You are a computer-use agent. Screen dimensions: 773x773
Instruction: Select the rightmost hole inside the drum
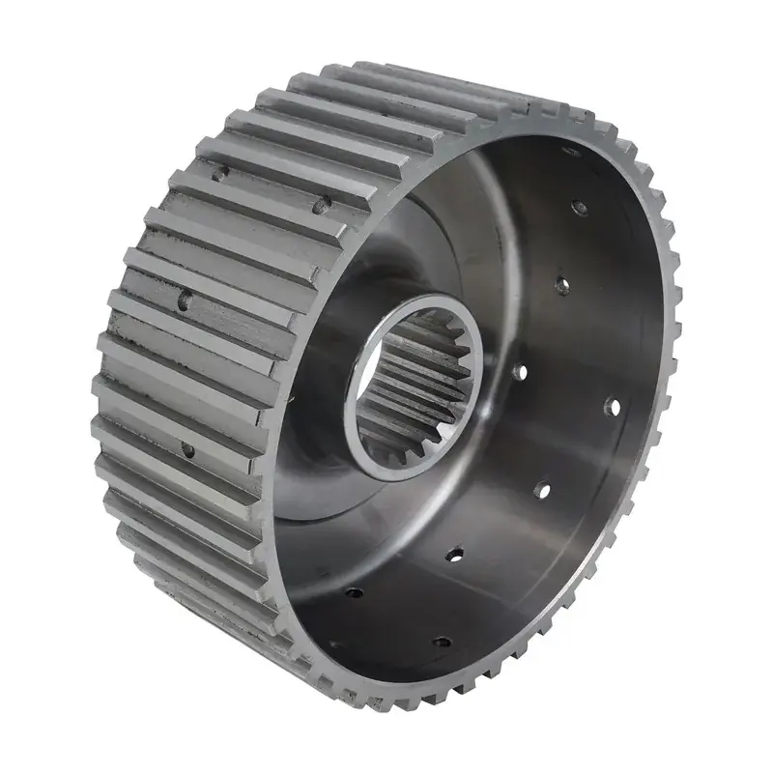611,405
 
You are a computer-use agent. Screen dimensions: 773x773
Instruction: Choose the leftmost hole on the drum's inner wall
354,591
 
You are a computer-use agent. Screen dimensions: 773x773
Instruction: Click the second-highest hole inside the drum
579,207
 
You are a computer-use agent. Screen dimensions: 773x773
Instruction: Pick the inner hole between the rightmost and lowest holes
542,491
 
